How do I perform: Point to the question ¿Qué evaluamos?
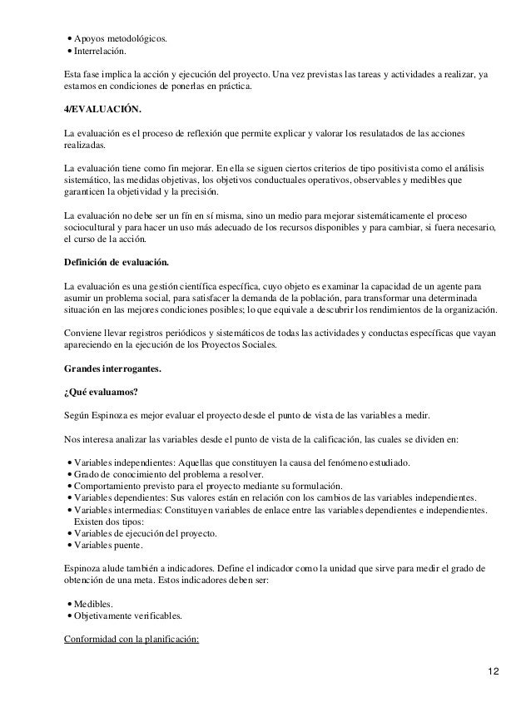point(97,391)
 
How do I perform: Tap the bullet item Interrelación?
point(104,52)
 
